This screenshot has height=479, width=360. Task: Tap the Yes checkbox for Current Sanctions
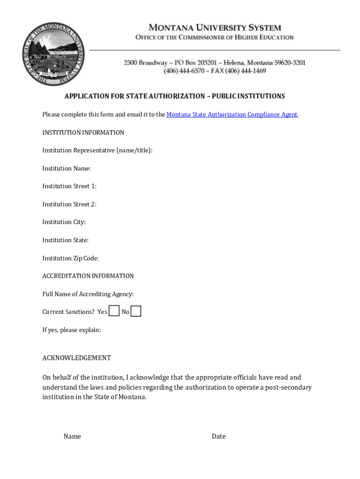114,311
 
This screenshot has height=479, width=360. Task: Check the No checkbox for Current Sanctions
136,311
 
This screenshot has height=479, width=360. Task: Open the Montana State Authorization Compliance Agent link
232,115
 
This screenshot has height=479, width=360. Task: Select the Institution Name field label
66,168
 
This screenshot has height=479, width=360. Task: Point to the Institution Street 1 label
69,186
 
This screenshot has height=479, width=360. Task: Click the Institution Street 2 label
69,204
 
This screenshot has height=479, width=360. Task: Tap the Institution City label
64,222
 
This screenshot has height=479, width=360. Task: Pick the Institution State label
65,240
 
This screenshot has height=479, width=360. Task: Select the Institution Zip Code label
70,258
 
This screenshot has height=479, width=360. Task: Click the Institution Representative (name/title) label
97,151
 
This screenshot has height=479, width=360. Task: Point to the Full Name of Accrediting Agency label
88,294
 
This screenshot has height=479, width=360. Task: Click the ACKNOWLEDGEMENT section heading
77,358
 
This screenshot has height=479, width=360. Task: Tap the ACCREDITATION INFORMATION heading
88,276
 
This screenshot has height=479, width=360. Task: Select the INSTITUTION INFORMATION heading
83,133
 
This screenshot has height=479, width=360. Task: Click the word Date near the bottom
218,436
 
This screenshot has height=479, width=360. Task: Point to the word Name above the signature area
72,436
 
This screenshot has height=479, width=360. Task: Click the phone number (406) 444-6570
184,71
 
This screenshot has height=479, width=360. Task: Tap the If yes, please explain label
72,330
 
